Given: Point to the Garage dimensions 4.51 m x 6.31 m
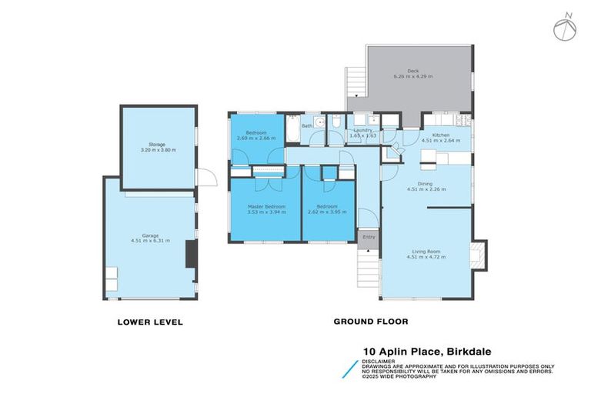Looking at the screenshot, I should coord(152,242).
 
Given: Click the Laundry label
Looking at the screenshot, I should coord(362,131).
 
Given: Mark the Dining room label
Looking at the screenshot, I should coord(426,183).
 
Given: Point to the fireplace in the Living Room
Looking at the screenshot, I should coord(479,255).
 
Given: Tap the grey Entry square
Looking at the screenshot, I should coord(369,239).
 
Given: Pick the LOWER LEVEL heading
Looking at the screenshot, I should coord(149,322).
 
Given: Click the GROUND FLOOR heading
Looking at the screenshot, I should coord(370,322).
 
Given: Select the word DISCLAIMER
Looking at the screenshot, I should coord(380,360).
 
